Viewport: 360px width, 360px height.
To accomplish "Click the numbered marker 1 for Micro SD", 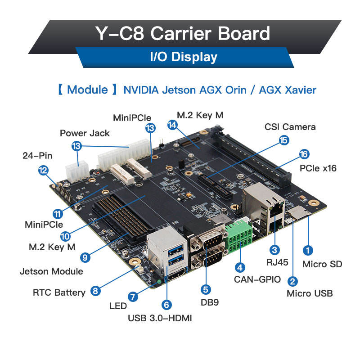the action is point(308,250).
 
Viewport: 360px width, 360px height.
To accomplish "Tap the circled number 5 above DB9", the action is point(206,289).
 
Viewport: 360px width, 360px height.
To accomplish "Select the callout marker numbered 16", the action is point(304,154).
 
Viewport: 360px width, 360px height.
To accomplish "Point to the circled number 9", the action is point(85,257).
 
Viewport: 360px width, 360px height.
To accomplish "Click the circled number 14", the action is point(172,125).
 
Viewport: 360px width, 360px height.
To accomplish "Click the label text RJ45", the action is point(277,262).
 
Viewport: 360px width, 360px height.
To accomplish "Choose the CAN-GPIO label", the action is point(257,279).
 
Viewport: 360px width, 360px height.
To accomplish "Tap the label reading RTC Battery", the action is point(59,292).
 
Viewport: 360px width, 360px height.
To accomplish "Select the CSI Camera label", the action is point(290,127).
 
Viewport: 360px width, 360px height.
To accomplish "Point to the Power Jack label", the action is point(85,133).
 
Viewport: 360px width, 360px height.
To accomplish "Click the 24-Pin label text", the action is point(37,156).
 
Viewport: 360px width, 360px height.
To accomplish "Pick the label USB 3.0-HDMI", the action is point(160,318).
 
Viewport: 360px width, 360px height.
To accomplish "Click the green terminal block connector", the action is point(239,237).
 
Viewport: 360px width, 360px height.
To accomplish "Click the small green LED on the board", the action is point(159,282).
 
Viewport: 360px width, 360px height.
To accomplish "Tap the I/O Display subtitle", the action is point(184,57).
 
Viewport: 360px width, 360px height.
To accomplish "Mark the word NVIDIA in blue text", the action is point(141,90).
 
